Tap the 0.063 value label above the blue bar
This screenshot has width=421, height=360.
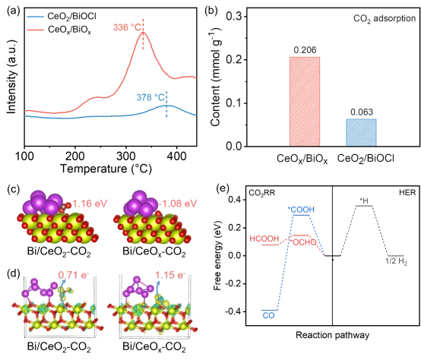pyautogui.click(x=359, y=112)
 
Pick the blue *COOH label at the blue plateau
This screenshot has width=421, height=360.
pyautogui.click(x=301, y=209)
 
